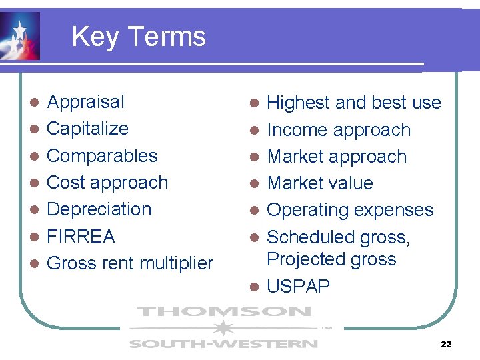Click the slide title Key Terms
(139, 36)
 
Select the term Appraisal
(85, 102)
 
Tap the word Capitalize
(87, 128)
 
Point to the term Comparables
(102, 155)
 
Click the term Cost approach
(107, 182)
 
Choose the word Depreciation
(99, 209)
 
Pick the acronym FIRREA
(81, 236)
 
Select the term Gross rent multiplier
(130, 263)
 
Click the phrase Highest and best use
(353, 103)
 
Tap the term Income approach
(339, 130)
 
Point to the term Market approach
(337, 157)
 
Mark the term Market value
(320, 183)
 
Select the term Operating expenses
(350, 210)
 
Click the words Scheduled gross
(338, 237)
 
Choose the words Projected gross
(331, 259)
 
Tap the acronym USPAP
(298, 287)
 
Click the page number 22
(446, 345)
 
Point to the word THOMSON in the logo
(223, 312)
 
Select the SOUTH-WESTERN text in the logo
(223, 344)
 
